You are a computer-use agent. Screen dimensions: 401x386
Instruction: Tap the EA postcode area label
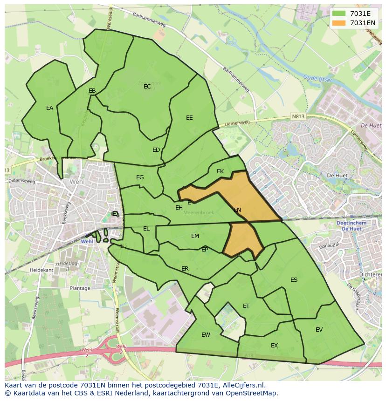coord(49,108)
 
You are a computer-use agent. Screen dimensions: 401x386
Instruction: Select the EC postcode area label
coord(147,87)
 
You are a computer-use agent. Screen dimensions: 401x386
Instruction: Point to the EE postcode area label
coord(189,118)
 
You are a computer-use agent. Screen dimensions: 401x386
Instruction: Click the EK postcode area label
coord(221,171)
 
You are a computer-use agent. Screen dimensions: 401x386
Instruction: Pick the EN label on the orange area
coord(237,210)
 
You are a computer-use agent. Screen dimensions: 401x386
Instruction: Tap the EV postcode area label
coord(319,330)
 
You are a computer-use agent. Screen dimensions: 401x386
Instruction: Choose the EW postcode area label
coord(206,335)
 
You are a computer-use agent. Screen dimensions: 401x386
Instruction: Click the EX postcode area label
coord(274,346)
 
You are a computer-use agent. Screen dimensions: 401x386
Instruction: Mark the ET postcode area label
coord(246,306)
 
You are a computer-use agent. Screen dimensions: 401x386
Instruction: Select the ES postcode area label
coord(294,280)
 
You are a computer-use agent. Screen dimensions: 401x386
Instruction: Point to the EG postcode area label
coord(140,177)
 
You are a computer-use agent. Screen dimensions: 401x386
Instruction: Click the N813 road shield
coord(297,116)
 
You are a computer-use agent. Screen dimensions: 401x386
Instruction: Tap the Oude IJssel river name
coord(317,78)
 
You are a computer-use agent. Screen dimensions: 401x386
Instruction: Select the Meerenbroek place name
coord(199,213)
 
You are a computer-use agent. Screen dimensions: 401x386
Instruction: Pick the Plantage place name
coord(80,288)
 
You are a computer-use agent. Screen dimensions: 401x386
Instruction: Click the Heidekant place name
coord(41,270)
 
